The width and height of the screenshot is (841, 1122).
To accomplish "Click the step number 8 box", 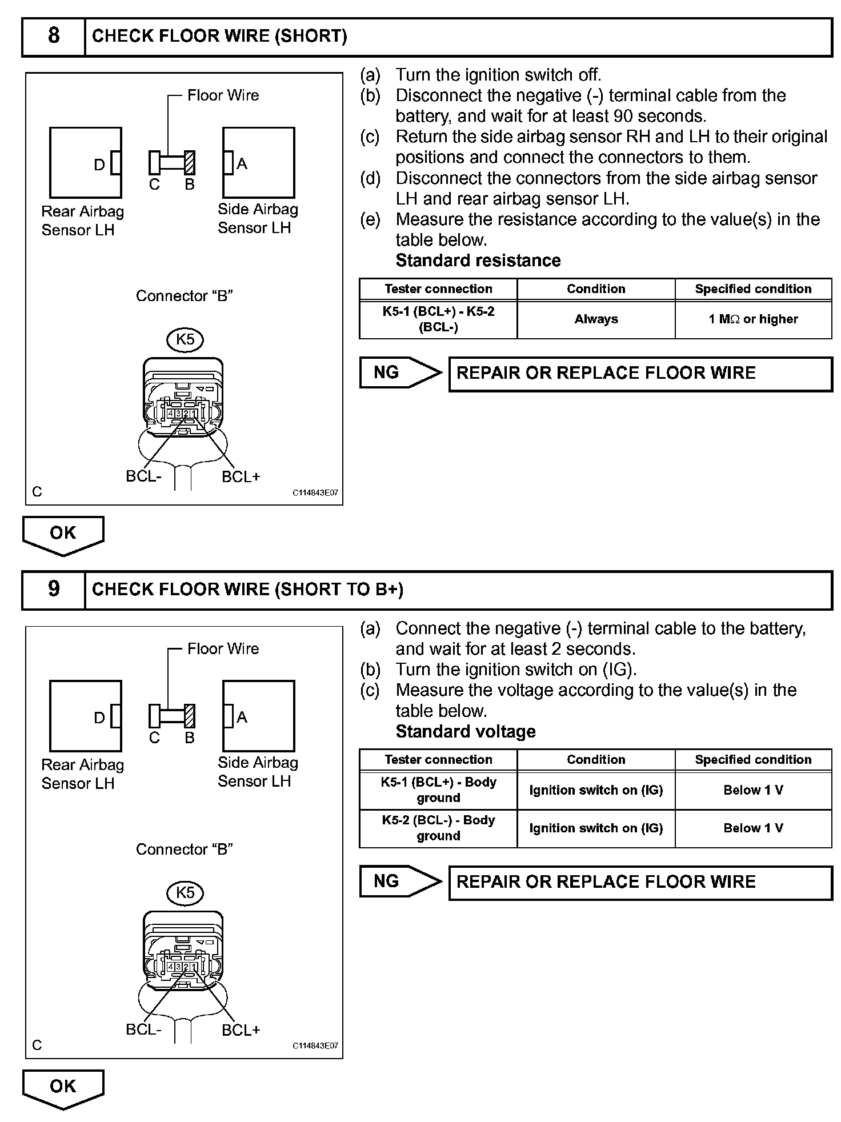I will pos(53,37).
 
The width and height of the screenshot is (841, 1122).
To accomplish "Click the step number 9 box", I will pos(53,590).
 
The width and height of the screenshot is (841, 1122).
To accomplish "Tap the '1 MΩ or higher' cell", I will pos(753,319).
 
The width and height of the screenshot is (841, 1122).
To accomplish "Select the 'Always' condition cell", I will pos(596,319).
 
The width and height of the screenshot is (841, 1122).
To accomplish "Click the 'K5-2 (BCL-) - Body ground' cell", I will pos(438,828).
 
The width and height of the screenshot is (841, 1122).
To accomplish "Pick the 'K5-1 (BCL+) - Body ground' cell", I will pos(438,790).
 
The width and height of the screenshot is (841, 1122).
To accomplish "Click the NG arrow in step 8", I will pos(400,373).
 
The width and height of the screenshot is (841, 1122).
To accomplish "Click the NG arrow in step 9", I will pos(400,881).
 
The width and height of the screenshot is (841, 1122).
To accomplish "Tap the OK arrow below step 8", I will pos(63,534).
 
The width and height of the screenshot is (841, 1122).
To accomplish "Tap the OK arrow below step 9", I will pos(63,1088).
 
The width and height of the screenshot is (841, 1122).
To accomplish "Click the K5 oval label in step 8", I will pos(185,340).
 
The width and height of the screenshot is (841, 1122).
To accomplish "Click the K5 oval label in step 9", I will pos(185,893).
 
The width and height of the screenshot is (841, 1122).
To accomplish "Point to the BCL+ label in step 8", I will pos(241,476).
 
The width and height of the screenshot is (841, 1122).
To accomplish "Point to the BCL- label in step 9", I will pos(143,1029).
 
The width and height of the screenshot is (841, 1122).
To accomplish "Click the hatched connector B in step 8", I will pos(190,163).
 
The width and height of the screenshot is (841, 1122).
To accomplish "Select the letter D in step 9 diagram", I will pos(99,718).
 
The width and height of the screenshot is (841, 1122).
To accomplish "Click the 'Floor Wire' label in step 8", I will pos(223,95).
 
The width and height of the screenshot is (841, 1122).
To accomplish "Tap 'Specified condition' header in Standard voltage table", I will pos(753,759).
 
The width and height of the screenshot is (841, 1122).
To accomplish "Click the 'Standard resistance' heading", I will pos(478,261).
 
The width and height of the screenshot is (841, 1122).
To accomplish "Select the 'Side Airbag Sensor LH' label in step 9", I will pos(258,771).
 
